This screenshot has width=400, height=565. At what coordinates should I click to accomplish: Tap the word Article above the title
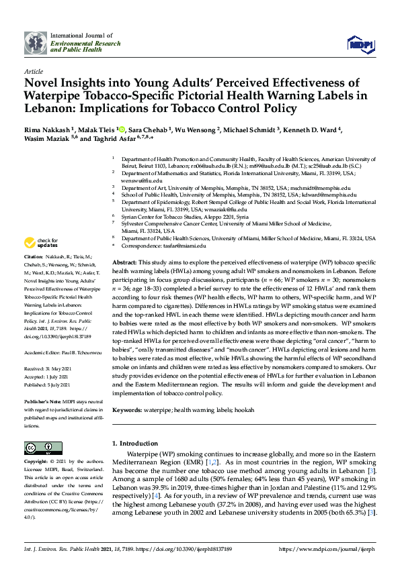tap(34, 70)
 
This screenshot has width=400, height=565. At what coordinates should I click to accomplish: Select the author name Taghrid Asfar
tap(103, 138)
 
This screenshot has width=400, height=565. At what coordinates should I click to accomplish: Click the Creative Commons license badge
tap(39, 448)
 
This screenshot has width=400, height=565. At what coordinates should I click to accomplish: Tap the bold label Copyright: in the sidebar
tap(38, 462)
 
